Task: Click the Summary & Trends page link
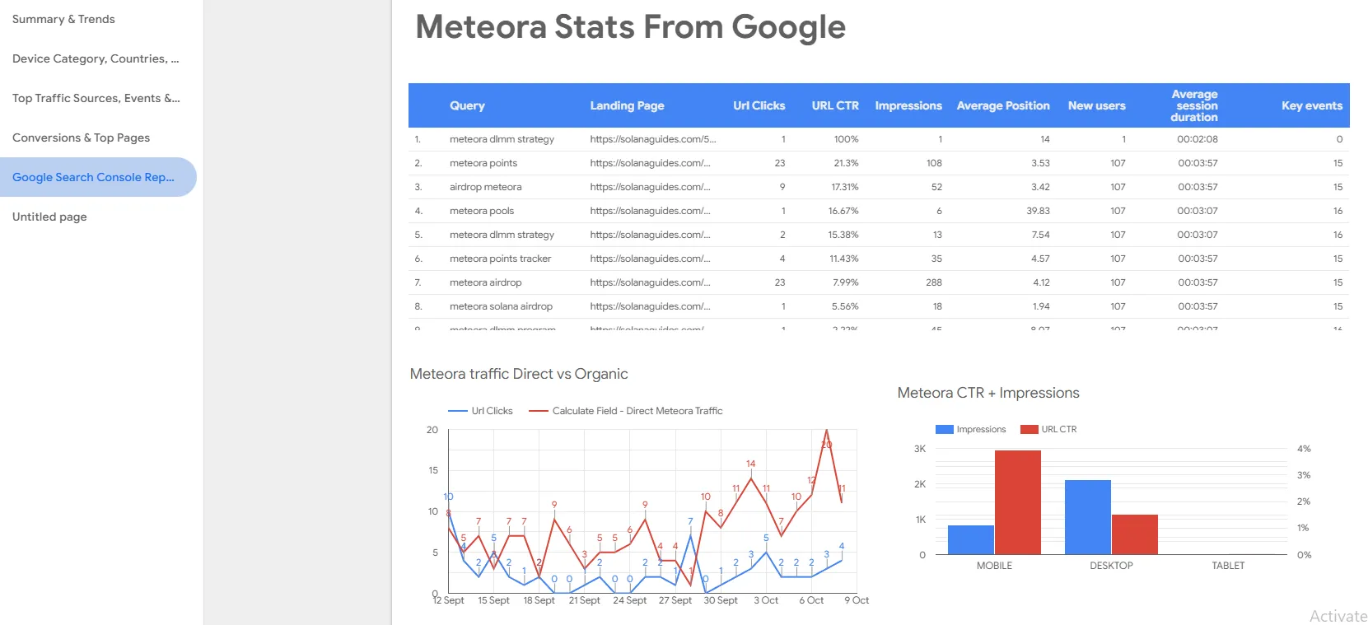(63, 19)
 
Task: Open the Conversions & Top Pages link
(81, 138)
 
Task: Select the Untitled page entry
(49, 217)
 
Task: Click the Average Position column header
(1002, 105)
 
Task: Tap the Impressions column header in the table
(908, 105)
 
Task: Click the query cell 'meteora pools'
(482, 211)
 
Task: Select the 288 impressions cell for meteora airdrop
(933, 282)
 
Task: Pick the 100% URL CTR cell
(846, 139)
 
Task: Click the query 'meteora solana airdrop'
(501, 306)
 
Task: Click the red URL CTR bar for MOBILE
(1017, 502)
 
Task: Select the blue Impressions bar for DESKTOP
(1087, 517)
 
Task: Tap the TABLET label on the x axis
(1228, 566)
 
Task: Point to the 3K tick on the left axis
(920, 449)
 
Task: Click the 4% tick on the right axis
(1304, 449)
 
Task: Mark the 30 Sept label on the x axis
(721, 600)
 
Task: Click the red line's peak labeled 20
(827, 431)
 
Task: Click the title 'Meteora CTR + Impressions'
(988, 393)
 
